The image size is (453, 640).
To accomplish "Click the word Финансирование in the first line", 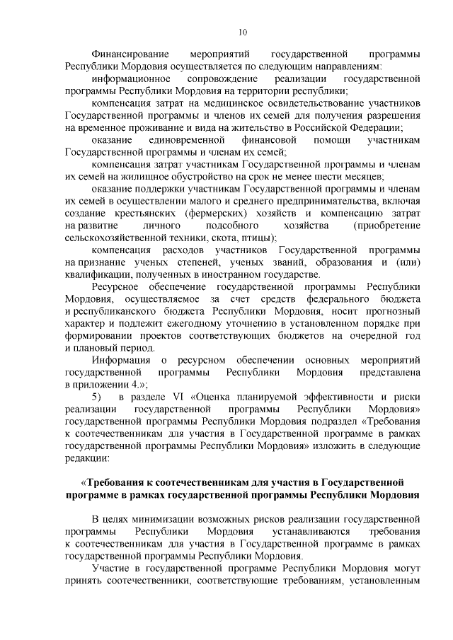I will pyautogui.click(x=130, y=54).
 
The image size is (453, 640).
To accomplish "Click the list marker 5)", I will pyautogui.click(x=98, y=396).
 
